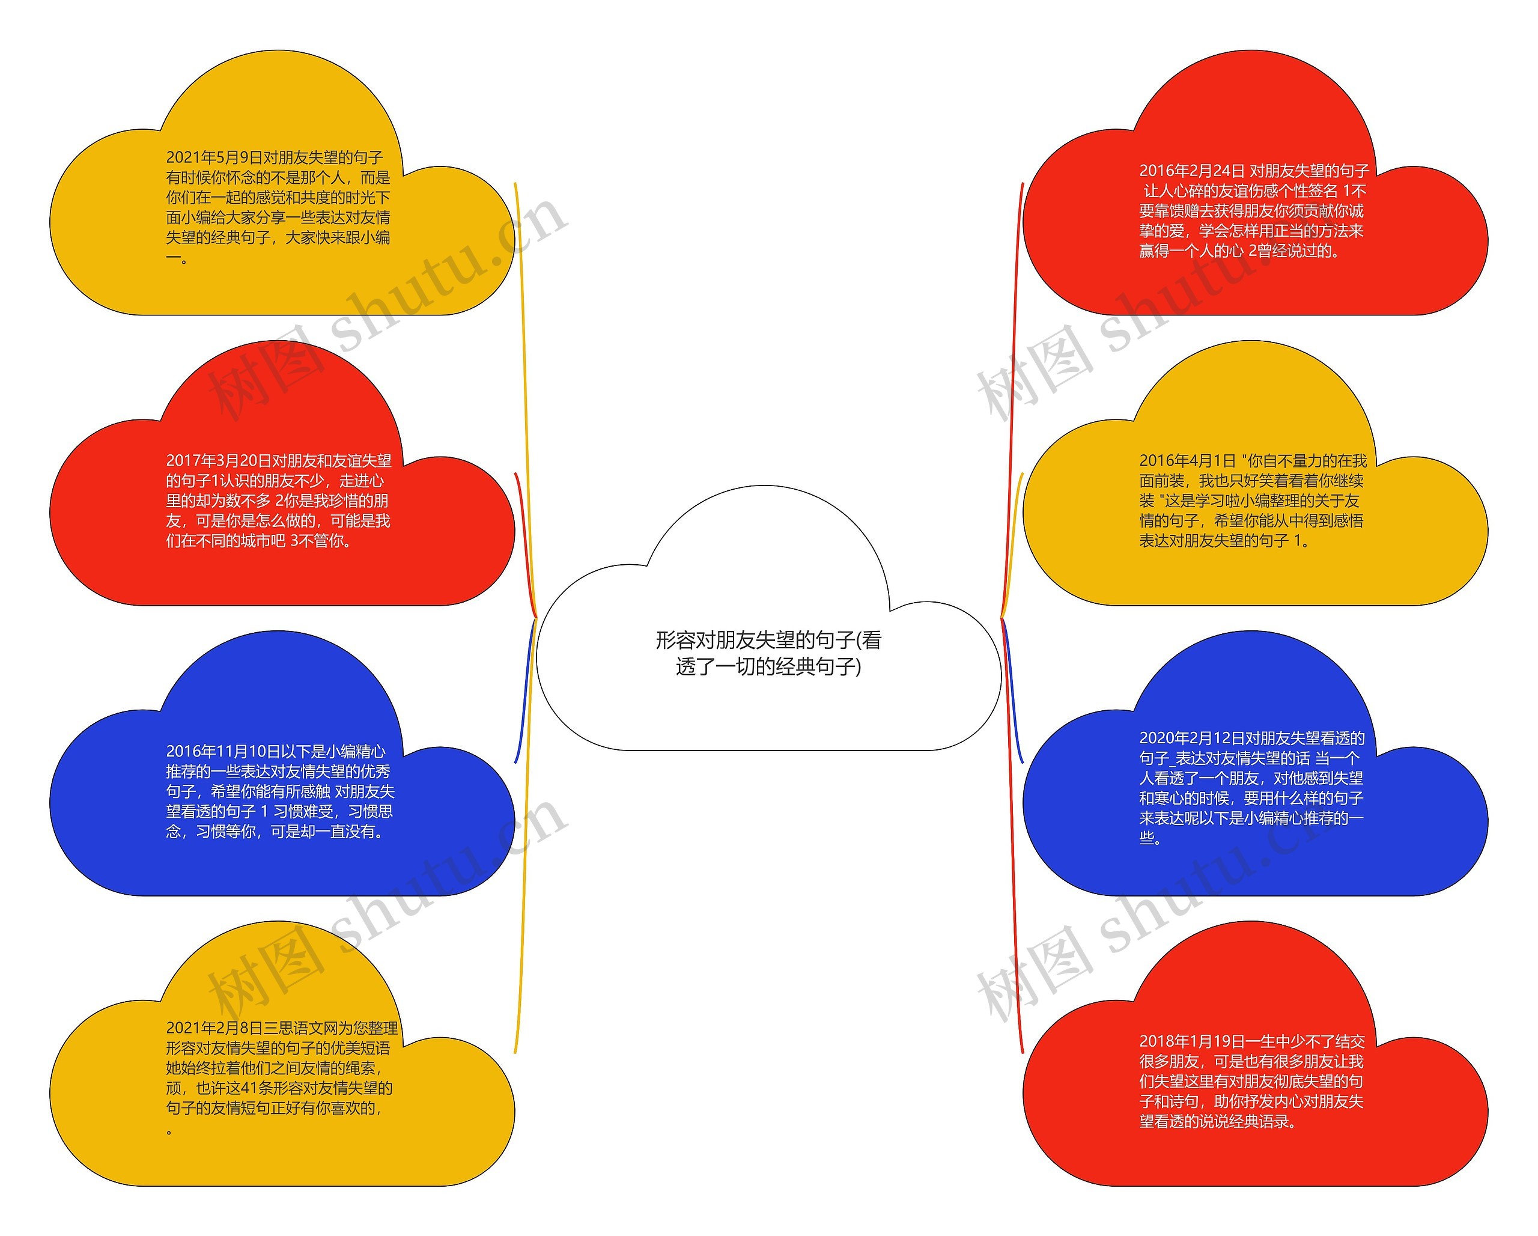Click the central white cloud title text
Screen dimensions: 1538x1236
pos(768,653)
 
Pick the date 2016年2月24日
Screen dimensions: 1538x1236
pos(1191,171)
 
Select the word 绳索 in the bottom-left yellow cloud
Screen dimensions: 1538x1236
pos(359,1068)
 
